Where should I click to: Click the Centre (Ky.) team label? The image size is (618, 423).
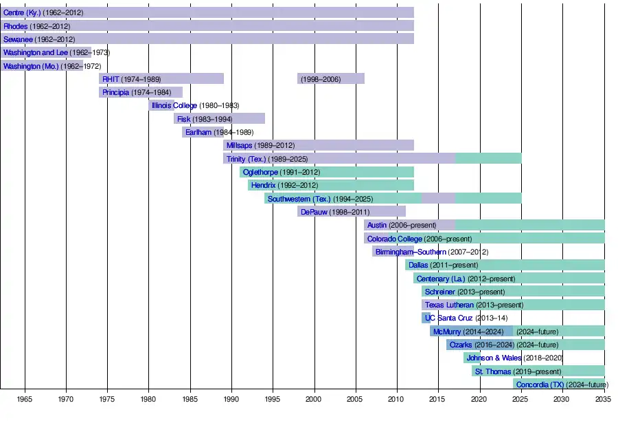pos(22,13)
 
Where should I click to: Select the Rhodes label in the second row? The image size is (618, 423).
pos(16,26)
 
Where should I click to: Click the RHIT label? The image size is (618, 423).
pos(111,79)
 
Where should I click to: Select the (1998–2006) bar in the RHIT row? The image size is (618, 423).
pos(331,79)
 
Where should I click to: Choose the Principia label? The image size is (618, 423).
pos(115,92)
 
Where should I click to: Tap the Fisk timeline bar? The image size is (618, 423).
pos(220,119)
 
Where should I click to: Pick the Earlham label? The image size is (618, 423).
pos(198,132)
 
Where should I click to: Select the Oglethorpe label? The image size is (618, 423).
pos(260,172)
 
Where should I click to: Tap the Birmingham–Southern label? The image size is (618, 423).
pos(410,252)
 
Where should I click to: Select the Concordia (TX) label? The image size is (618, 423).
pos(540,384)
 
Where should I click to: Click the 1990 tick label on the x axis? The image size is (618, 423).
pos(231,399)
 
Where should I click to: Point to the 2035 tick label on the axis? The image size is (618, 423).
pos(604,399)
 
